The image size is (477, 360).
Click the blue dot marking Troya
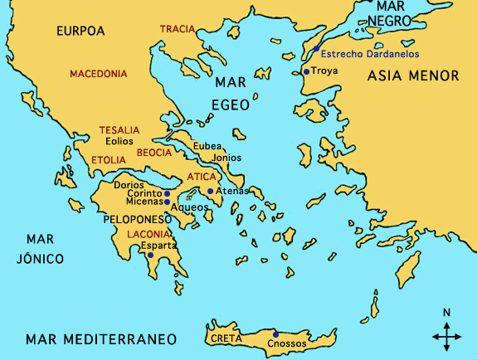[306, 72]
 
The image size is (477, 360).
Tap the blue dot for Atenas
[211, 192]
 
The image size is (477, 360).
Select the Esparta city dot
[150, 255]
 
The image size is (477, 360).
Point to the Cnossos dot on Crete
[275, 334]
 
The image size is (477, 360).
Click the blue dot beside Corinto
[167, 193]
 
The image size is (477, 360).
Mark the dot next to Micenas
[167, 202]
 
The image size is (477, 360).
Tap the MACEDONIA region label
[99, 74]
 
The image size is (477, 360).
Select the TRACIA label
[177, 29]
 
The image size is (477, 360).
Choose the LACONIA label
[149, 235]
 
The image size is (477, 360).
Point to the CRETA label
[226, 338]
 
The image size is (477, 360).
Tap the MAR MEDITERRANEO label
[101, 339]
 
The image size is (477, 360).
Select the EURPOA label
[81, 31]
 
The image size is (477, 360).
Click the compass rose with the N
[447, 333]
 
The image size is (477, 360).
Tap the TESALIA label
[119, 130]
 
